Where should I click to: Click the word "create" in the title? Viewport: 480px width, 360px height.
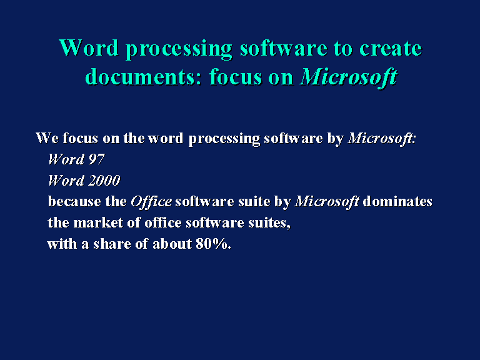391,48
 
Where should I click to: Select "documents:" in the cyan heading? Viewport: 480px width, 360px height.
143,76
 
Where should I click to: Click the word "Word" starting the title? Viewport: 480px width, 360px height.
89,47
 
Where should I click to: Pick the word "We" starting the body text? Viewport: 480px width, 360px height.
47,138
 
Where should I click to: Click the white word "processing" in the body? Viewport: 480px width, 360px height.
224,139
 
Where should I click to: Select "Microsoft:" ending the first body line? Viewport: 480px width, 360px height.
382,138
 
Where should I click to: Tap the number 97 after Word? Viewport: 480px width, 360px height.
96,159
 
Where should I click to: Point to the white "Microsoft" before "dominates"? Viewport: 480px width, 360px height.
327,202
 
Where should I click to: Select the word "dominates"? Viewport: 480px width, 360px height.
397,202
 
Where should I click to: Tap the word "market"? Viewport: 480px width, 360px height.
98,222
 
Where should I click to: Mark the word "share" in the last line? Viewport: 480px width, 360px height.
112,244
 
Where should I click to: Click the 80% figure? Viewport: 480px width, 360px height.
213,244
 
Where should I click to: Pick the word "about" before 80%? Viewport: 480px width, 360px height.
172,244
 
